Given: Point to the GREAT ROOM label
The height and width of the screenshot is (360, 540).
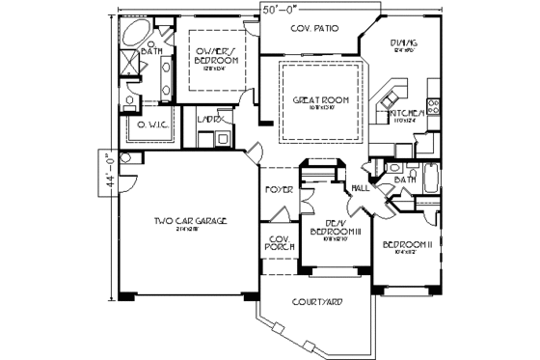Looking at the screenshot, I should tap(321, 100).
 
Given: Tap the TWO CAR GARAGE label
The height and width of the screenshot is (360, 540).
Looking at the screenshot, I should tap(190, 222).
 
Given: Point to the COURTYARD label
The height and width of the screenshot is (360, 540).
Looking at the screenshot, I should tap(317, 301).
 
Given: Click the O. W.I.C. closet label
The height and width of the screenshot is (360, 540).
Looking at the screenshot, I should tap(151, 124).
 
